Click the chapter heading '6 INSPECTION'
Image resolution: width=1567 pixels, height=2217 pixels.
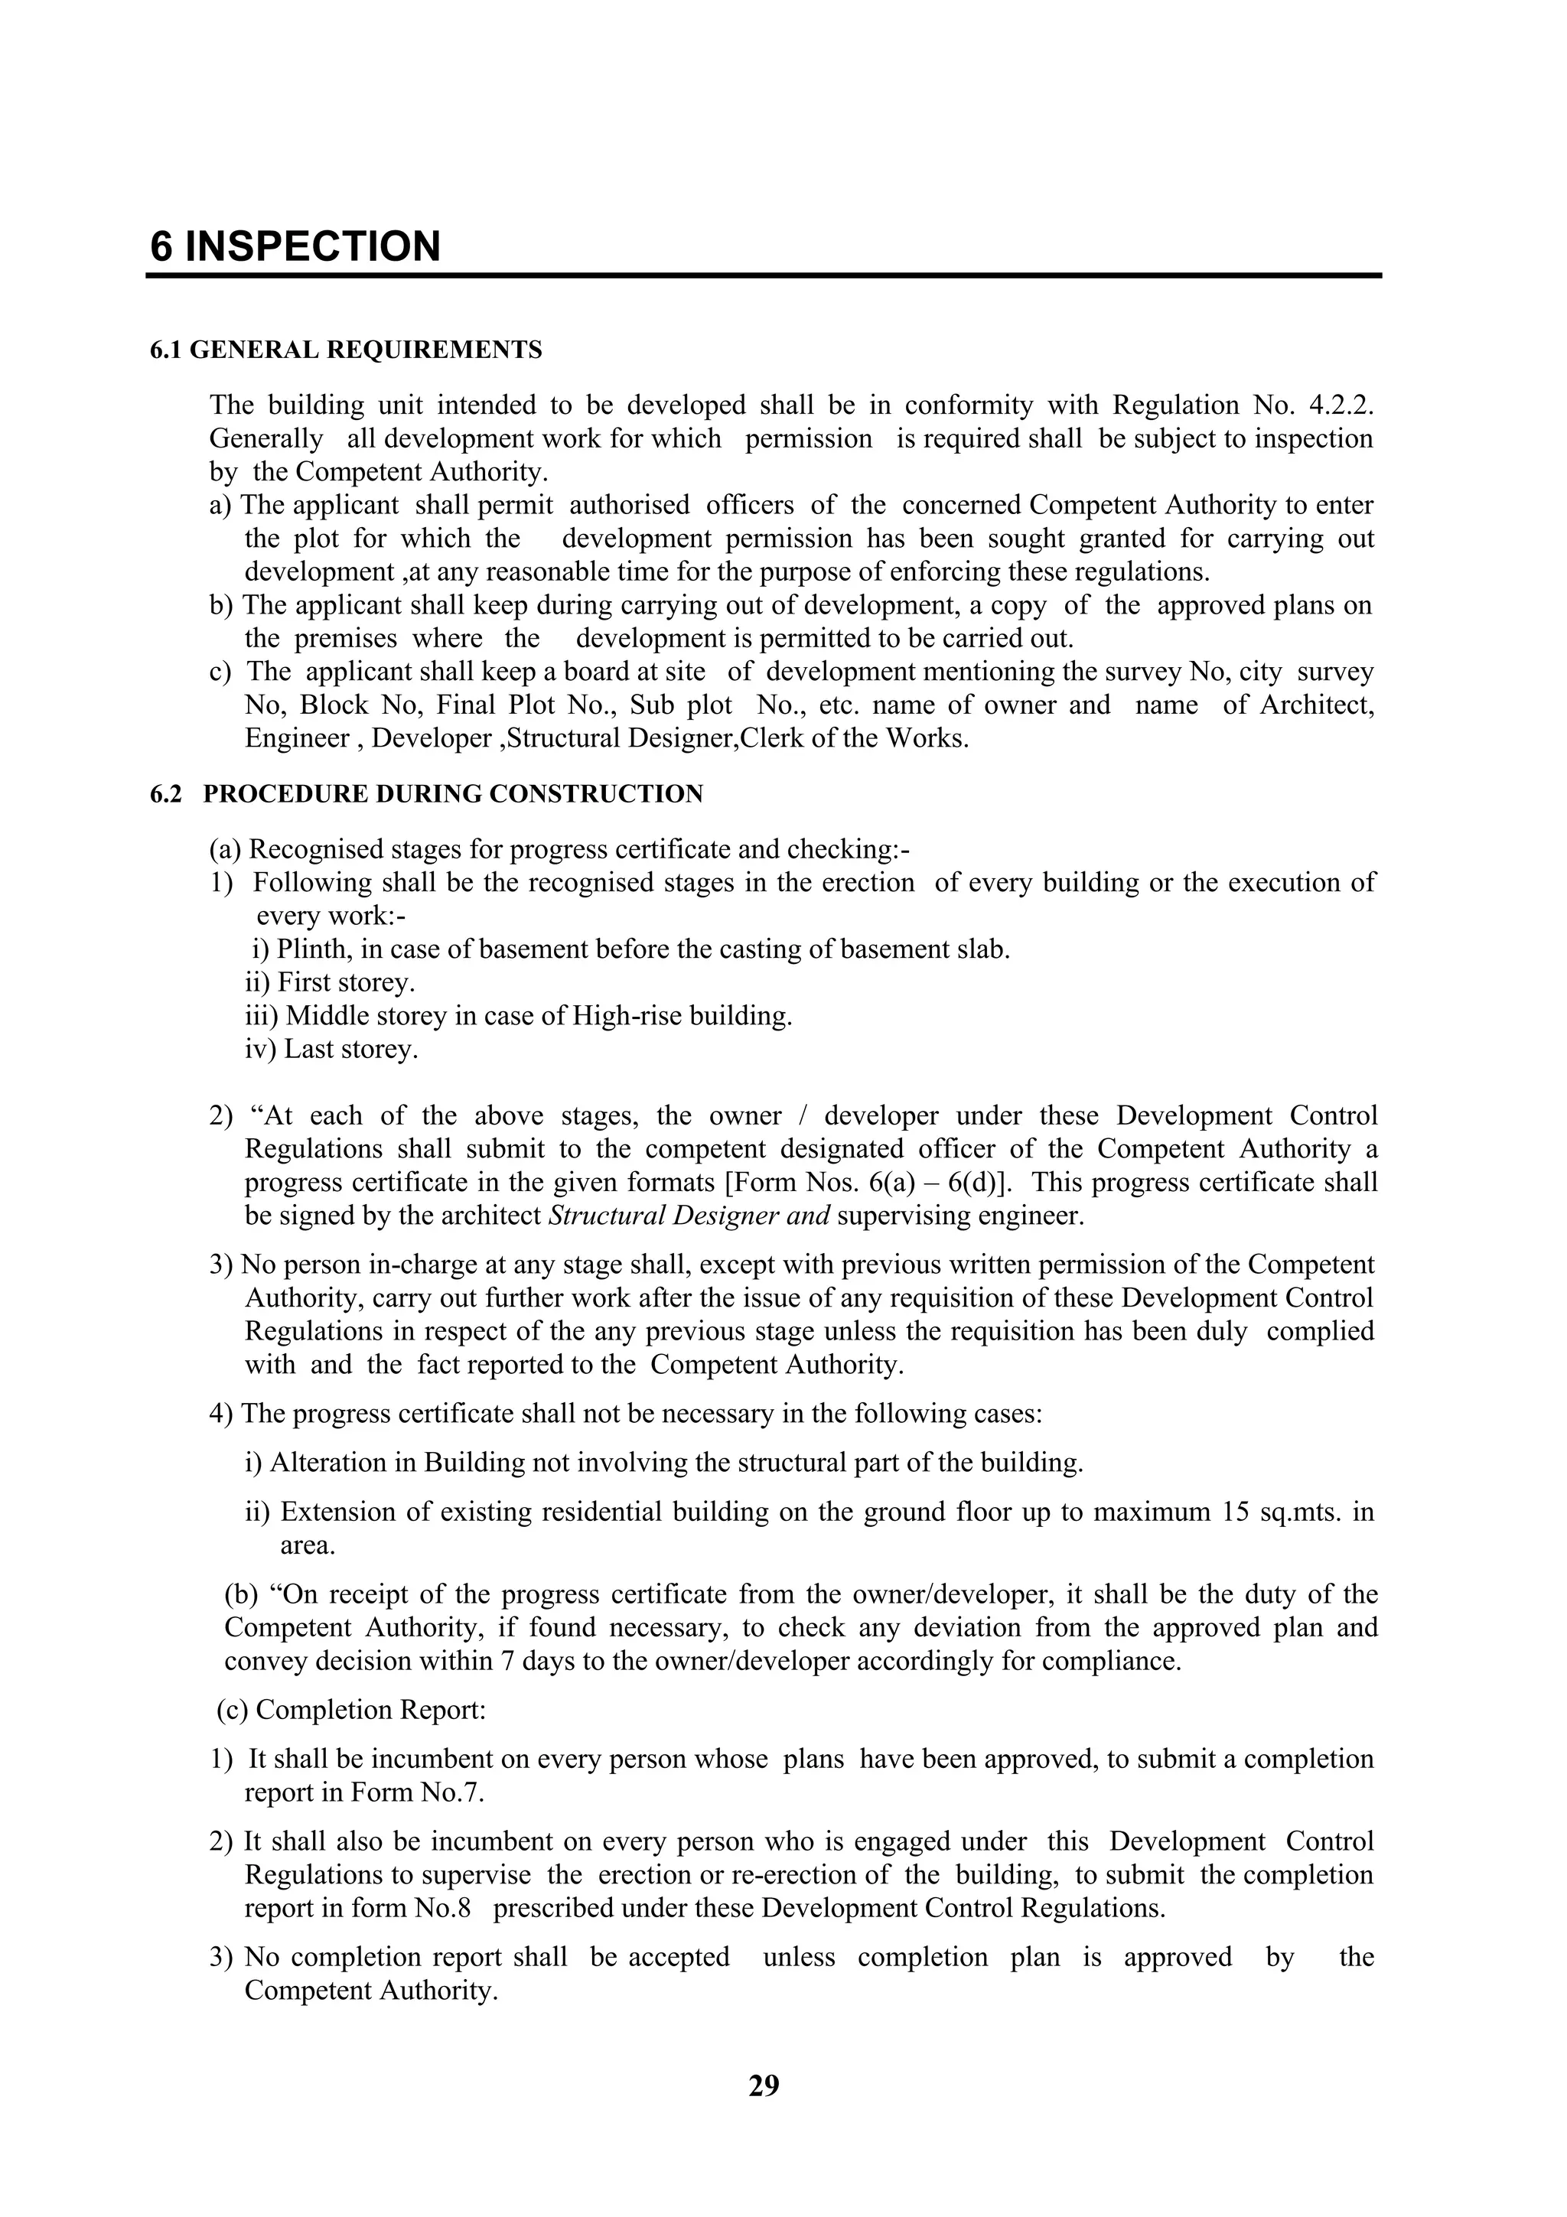click(295, 246)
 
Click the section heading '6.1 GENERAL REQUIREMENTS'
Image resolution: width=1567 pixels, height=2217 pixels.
click(346, 350)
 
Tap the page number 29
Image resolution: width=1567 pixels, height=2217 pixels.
click(763, 2088)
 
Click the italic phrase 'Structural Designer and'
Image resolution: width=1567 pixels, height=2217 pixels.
click(689, 1216)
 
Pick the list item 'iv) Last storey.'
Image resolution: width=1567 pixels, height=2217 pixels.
click(331, 1050)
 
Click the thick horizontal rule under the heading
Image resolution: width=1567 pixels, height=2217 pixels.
click(763, 276)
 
